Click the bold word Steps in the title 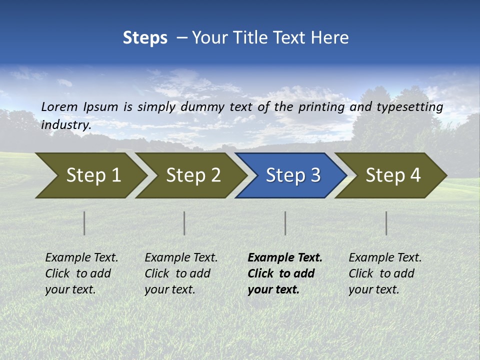[145, 38]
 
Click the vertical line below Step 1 [84, 223]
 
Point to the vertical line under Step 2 [184, 223]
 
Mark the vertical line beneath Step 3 [285, 223]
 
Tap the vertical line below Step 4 [386, 223]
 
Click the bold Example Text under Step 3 [285, 258]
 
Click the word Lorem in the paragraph [59, 107]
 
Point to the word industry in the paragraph [65, 125]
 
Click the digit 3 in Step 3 [315, 175]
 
